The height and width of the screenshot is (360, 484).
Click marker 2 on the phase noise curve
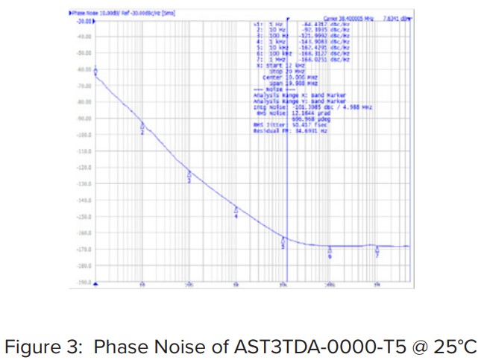[142, 127]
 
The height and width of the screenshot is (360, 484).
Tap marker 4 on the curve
[236, 212]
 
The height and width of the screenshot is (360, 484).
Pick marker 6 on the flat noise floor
[330, 253]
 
